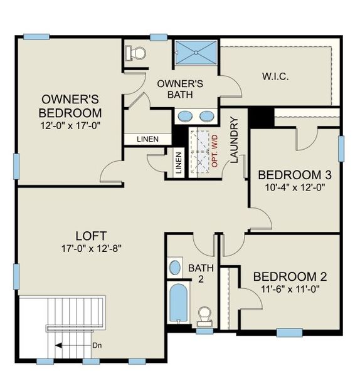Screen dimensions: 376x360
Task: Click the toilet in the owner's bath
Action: coord(137,54)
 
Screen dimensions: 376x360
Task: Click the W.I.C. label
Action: coord(275,77)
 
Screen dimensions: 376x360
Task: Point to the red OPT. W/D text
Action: coord(215,150)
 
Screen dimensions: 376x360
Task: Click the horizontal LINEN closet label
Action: coord(147,138)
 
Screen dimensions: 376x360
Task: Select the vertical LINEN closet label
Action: coord(179,164)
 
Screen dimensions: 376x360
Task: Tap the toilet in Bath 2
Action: coord(204,315)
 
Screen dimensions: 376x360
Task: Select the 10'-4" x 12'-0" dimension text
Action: coord(295,187)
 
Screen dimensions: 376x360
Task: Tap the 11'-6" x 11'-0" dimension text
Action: coord(289,290)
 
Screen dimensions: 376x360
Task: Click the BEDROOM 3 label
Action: coord(295,174)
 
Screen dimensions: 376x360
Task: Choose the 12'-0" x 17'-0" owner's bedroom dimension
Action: coord(70,125)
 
